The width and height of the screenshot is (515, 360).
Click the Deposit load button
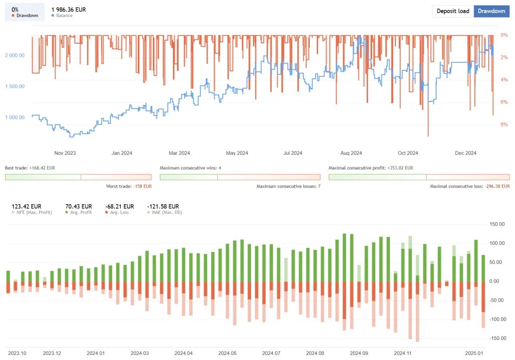tap(453, 11)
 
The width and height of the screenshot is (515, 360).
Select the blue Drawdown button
tap(491, 11)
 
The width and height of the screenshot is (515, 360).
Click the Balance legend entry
tap(64, 16)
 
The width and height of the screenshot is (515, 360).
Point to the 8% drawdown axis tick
tap(504, 125)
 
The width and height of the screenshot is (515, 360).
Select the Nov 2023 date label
tap(64, 153)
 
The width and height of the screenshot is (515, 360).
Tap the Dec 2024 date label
tap(465, 153)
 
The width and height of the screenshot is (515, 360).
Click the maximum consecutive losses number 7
tap(318, 187)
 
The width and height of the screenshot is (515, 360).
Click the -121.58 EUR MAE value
tap(163, 206)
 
